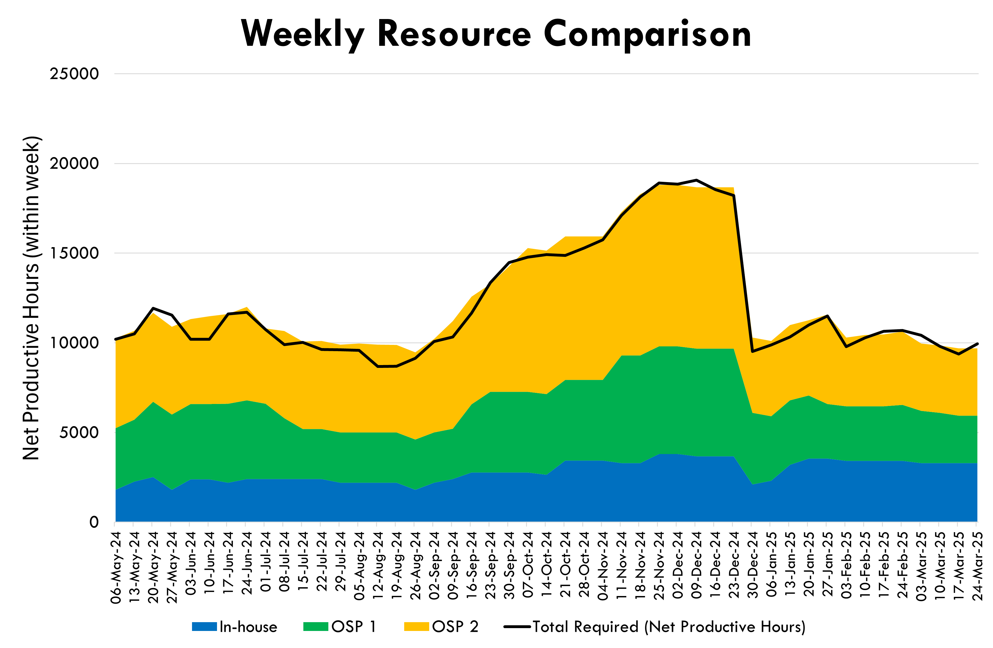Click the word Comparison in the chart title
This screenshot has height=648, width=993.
tap(647, 34)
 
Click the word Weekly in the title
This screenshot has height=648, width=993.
tap(303, 34)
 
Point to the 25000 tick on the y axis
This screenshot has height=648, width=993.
tap(74, 74)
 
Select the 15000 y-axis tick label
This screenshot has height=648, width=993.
tap(74, 253)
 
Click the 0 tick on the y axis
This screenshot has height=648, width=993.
tap(94, 522)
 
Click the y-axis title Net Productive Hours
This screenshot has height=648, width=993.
tap(31, 298)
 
